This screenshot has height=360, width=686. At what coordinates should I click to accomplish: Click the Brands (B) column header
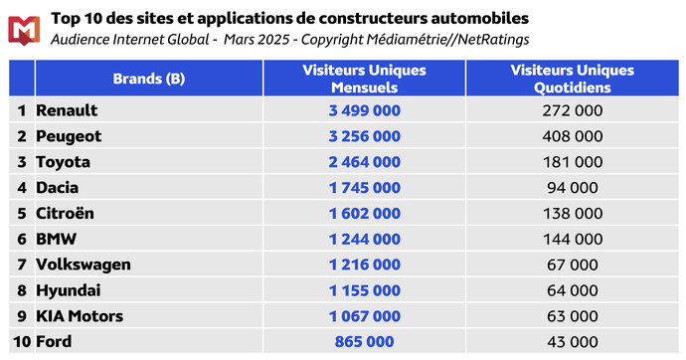click(x=148, y=79)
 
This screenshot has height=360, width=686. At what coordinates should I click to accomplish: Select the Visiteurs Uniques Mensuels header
click(x=364, y=79)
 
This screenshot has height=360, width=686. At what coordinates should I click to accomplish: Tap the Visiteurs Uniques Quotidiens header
click(x=572, y=79)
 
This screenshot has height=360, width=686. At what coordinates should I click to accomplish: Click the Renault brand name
click(x=67, y=109)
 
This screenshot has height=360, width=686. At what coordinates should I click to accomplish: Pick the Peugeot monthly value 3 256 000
click(x=364, y=135)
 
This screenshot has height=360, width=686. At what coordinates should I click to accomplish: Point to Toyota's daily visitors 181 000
click(x=572, y=161)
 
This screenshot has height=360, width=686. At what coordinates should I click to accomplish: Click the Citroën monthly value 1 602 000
click(x=364, y=213)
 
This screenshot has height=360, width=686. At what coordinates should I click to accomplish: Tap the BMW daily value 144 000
click(x=572, y=239)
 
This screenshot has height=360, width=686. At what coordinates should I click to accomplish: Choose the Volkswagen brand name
click(x=83, y=265)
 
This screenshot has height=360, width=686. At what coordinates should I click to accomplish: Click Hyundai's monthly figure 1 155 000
click(x=364, y=290)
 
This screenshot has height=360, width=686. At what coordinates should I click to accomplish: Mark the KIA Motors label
click(x=80, y=316)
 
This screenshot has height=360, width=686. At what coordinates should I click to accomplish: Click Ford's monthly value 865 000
click(x=364, y=342)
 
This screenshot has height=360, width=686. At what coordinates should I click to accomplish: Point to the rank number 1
click(x=20, y=109)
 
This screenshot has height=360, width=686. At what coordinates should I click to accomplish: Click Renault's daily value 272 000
click(x=572, y=109)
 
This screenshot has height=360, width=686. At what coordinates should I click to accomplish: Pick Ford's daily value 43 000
click(x=572, y=342)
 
